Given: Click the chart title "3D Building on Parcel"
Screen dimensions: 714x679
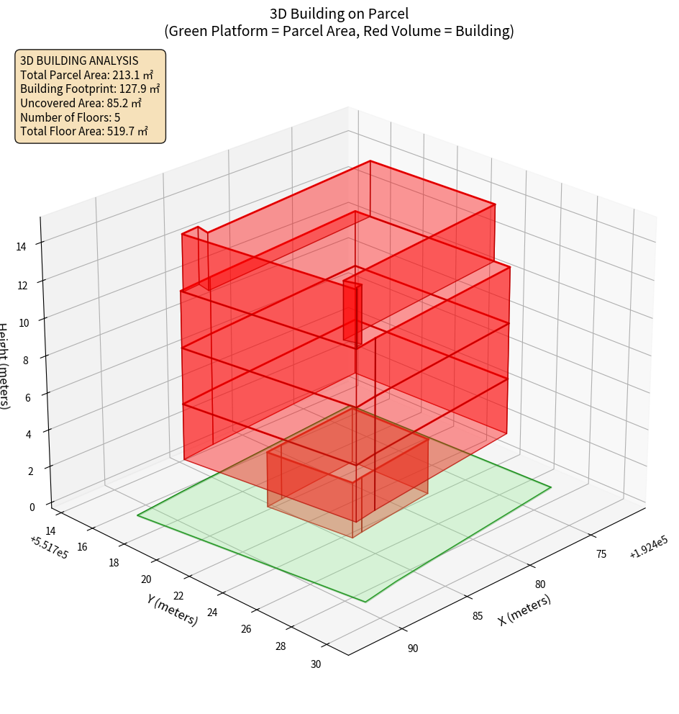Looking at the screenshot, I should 339,14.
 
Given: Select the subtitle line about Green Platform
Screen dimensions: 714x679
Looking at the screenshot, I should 339,31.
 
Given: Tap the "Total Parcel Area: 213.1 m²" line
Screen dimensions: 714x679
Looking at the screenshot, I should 87,75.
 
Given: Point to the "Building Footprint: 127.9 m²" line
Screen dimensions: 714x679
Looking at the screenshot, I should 90,89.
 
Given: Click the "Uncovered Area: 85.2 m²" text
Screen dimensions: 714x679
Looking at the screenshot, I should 80,103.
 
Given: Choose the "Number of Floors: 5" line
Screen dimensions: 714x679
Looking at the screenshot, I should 70,117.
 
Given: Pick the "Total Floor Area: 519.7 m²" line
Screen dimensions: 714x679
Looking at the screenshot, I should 84,131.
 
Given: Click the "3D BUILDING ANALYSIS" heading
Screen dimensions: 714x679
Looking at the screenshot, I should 79,60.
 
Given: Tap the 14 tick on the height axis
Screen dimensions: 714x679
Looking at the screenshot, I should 21,246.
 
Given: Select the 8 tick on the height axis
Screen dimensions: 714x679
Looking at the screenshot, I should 26,359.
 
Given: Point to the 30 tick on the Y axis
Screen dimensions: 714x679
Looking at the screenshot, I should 316,664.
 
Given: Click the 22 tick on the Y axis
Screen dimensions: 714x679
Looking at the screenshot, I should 179,595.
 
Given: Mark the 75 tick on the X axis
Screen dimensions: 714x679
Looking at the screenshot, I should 601,553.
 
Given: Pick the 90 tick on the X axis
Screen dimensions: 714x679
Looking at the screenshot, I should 412,649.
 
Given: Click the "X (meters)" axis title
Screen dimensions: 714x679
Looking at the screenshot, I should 525,610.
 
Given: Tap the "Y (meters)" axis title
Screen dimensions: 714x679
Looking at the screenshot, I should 172,610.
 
